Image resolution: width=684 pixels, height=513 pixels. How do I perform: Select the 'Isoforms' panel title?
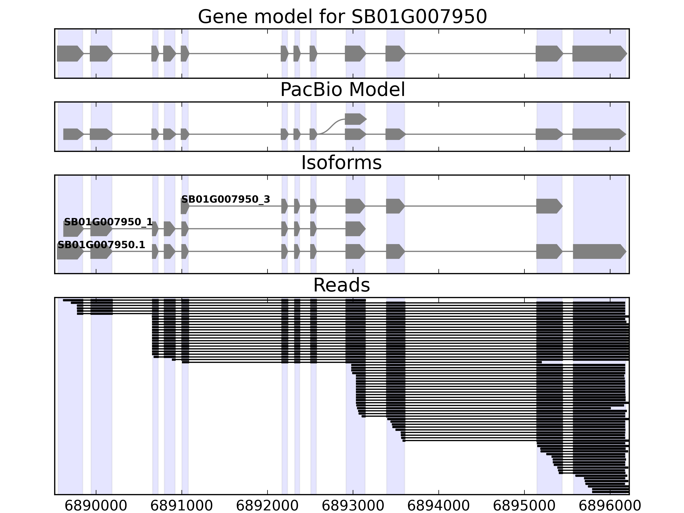pos(341,163)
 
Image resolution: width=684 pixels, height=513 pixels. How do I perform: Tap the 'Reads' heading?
pos(341,285)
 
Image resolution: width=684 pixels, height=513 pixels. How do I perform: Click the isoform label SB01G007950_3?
pos(226,199)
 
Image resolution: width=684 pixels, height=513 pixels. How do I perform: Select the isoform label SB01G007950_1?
pos(108,222)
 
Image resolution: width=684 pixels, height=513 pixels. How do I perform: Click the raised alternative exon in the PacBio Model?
pos(355,119)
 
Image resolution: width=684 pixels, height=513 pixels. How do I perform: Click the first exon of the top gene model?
pos(69,53)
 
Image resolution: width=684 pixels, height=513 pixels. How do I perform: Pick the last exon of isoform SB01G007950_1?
pos(355,229)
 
